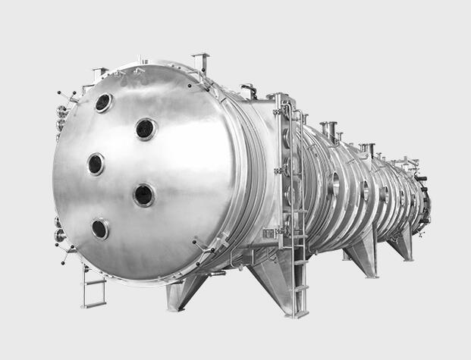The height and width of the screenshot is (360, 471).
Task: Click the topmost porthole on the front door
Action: pyautogui.click(x=103, y=102)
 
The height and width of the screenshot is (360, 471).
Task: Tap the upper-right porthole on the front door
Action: pyautogui.click(x=146, y=129)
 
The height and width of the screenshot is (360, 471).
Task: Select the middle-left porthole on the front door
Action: pyautogui.click(x=96, y=164)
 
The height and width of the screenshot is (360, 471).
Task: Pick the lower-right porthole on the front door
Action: pyautogui.click(x=143, y=195)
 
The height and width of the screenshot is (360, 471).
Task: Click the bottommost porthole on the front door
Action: pyautogui.click(x=100, y=228)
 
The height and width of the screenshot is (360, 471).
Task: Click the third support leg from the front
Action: pyautogui.click(x=363, y=254)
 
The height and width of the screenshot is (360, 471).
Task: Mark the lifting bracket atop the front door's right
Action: pyautogui.click(x=200, y=61)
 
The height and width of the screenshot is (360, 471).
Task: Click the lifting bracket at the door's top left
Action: pyautogui.click(x=99, y=75)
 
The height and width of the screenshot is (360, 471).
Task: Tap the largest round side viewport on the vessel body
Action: pyautogui.click(x=334, y=183)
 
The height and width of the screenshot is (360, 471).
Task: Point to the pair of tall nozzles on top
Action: pyautogui.click(x=329, y=130)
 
